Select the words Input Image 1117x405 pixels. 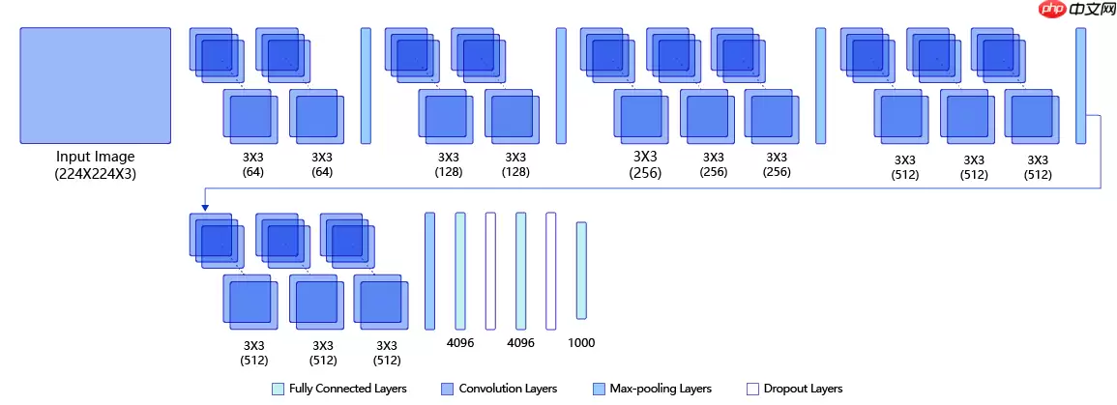(x=95, y=157)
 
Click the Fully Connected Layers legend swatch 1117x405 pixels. (x=279, y=389)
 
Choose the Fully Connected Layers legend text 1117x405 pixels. (x=347, y=389)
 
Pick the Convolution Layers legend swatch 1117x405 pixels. (x=447, y=389)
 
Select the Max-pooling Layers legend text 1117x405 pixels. (x=666, y=389)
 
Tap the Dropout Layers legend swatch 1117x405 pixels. (x=752, y=389)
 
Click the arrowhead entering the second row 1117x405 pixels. (x=205, y=206)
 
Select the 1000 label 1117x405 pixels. (x=581, y=343)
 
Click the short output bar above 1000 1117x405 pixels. (x=581, y=271)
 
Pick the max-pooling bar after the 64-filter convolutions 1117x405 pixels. (x=366, y=86)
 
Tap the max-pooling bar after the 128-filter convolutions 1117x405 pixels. (x=561, y=86)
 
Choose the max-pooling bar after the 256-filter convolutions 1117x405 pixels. (x=821, y=86)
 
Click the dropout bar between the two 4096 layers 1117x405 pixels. (x=490, y=272)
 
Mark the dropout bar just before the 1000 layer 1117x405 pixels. (x=551, y=272)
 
